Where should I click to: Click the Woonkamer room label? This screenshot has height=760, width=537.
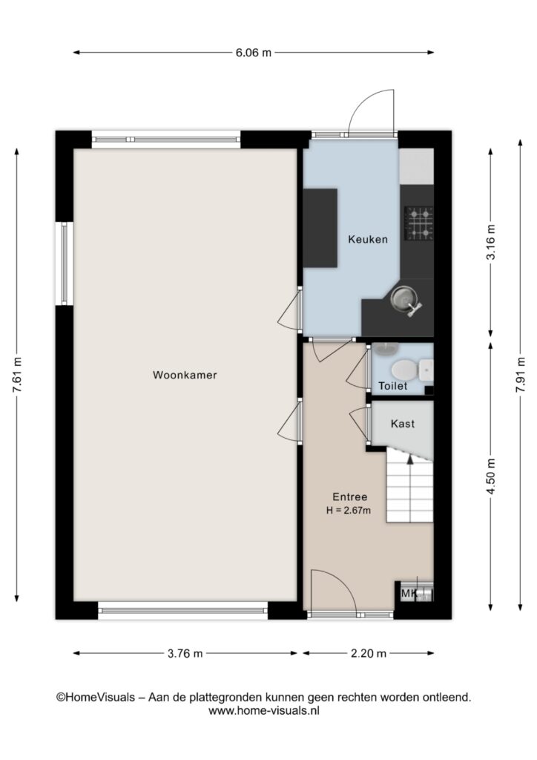pos(185,375)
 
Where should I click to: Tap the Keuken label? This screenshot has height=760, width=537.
pos(368,239)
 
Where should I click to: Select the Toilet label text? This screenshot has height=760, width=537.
pos(392,386)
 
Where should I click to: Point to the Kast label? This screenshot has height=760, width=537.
pos(403,424)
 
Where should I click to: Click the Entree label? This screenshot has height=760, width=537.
pos(349,497)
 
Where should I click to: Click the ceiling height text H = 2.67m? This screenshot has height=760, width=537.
pos(349,510)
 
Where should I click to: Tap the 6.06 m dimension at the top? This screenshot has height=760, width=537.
pos(253,53)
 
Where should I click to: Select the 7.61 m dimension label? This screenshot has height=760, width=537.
pos(18,375)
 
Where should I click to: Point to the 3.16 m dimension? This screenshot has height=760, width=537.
pos(491,242)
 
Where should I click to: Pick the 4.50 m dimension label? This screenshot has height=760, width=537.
pos(491,476)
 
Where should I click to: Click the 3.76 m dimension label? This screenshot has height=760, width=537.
pos(185,653)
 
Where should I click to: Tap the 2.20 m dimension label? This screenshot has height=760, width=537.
pos(369,653)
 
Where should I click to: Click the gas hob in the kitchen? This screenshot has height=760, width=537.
pos(419,224)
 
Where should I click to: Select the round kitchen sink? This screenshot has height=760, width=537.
pos(403,298)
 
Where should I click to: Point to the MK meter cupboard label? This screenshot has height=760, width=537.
pos(409,593)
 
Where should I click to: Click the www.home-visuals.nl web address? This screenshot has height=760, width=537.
pos(264,711)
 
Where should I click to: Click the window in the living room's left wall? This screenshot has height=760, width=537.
pos(64,263)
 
